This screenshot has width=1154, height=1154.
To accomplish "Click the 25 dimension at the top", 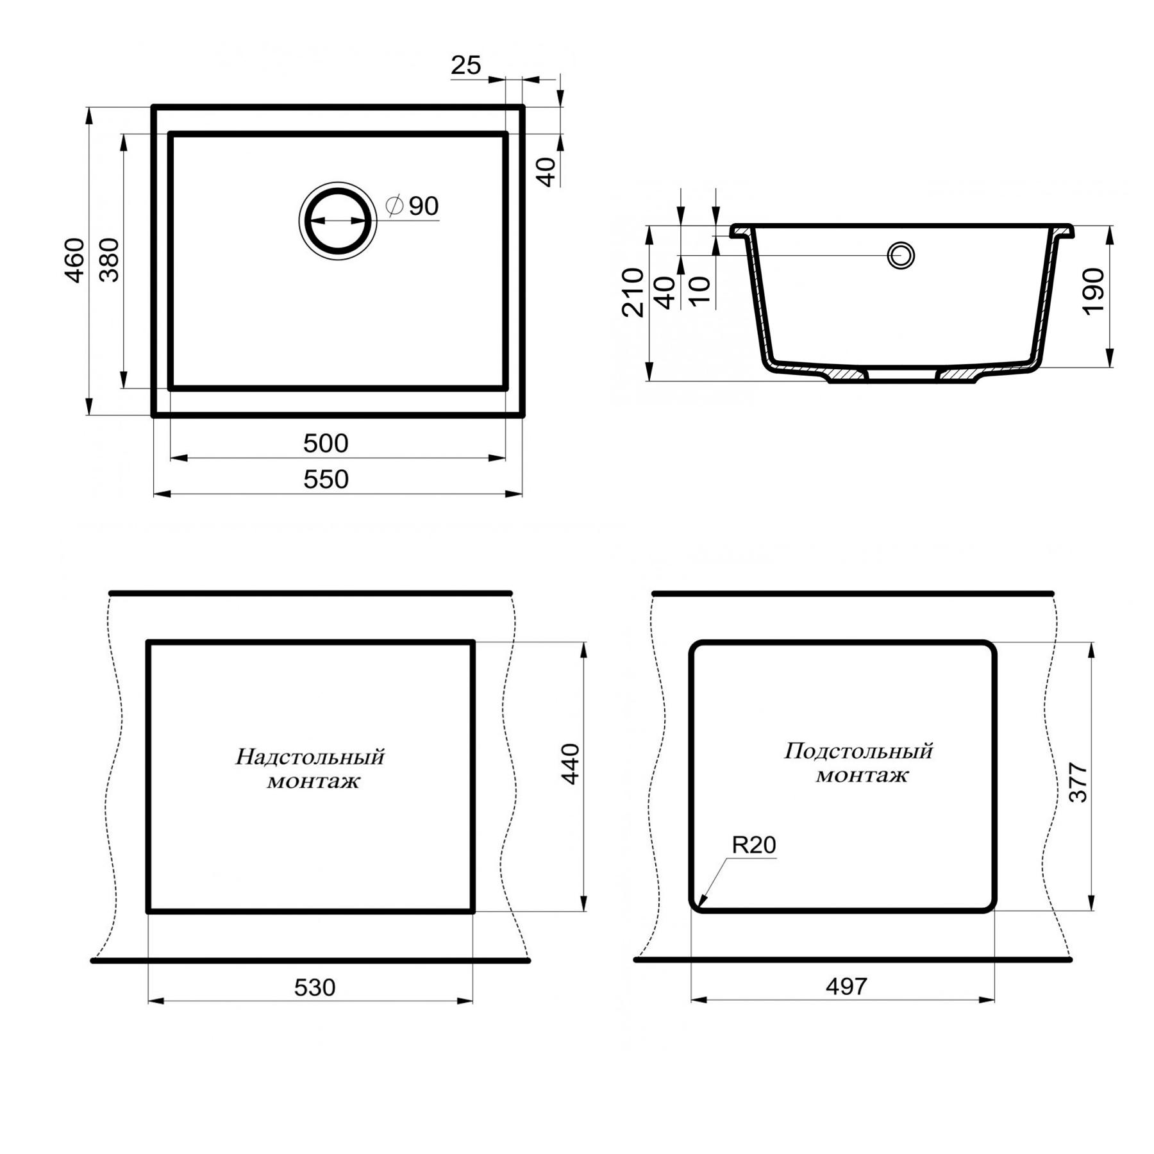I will coord(465,65).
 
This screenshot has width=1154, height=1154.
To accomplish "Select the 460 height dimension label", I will coord(75,260).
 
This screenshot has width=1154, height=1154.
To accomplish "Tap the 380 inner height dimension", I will coord(110,260).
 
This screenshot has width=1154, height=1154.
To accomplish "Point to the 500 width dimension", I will coord(326,444).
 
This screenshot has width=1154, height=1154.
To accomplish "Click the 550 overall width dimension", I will coord(326,480).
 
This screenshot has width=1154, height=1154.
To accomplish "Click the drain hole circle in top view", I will coord(338,221).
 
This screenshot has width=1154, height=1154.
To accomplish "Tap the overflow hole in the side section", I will coord(901,255).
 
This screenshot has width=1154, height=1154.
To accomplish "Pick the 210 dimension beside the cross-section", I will coord(633,292).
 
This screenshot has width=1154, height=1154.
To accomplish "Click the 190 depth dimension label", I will coord(1094,291).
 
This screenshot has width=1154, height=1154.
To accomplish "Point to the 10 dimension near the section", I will coord(701,290).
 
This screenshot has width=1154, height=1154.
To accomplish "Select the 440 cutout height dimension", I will coord(570,764).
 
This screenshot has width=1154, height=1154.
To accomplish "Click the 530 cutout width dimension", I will coord(315,988).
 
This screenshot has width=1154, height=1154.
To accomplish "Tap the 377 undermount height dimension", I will coord(1078,783).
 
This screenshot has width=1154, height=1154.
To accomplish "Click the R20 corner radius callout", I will coord(754,845).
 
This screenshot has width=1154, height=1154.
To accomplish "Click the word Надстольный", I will coord(310,757).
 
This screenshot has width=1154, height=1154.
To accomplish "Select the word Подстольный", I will coord(858,751).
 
